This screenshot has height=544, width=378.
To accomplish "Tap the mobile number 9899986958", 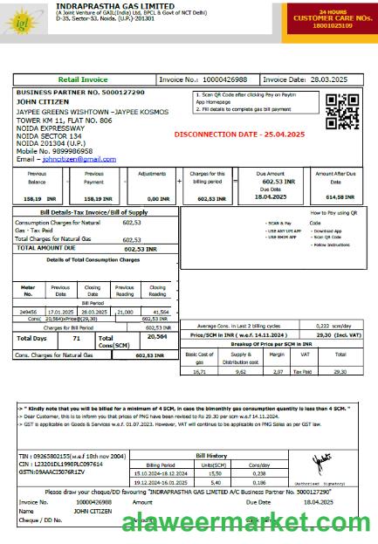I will (68, 152).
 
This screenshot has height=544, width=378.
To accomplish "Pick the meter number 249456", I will (28, 311).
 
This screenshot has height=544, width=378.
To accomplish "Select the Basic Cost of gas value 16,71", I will (199, 371).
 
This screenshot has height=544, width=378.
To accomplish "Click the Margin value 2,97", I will (277, 371).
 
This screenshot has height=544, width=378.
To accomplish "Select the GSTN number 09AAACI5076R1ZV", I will (54, 472).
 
